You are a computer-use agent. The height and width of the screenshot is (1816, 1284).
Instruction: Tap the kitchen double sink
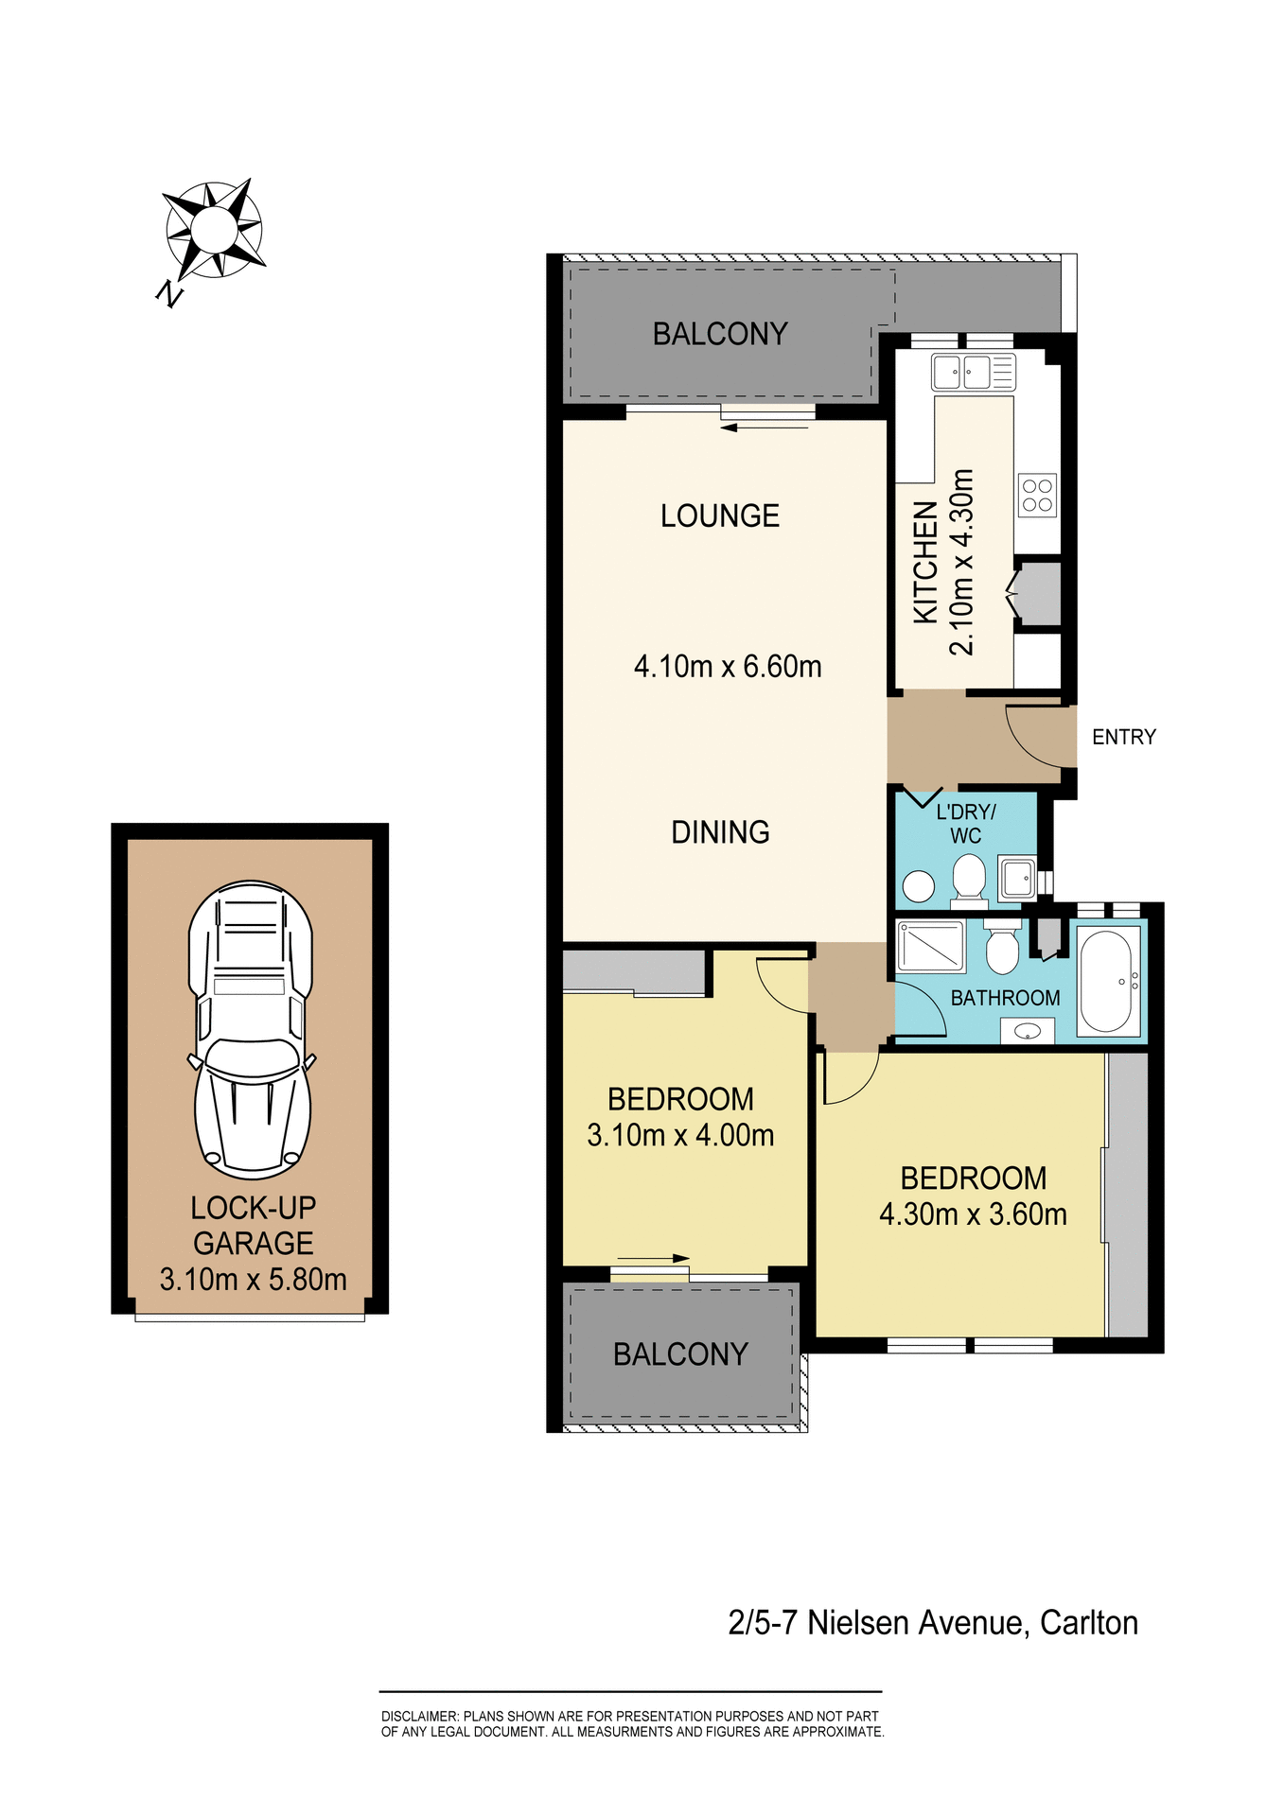pyautogui.click(x=973, y=372)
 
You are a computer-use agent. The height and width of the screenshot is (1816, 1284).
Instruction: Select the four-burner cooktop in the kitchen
pyautogui.click(x=1037, y=495)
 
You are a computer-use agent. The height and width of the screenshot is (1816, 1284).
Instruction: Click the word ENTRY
pyautogui.click(x=1123, y=737)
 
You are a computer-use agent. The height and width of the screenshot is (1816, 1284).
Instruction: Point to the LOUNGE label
pyautogui.click(x=720, y=515)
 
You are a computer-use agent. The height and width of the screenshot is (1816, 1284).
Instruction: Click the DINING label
pyautogui.click(x=720, y=832)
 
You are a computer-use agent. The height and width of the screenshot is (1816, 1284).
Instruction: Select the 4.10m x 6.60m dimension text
pyautogui.click(x=728, y=666)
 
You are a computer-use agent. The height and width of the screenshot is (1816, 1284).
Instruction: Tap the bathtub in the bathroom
pyautogui.click(x=1107, y=982)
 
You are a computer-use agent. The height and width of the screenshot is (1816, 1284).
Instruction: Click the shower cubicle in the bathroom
pyautogui.click(x=930, y=946)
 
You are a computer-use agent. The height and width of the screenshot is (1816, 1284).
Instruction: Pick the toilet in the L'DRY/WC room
pyautogui.click(x=969, y=877)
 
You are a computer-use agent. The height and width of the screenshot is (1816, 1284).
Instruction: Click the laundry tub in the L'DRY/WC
pyautogui.click(x=1017, y=878)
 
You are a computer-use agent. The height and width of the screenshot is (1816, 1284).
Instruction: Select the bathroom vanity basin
pyautogui.click(x=1028, y=1031)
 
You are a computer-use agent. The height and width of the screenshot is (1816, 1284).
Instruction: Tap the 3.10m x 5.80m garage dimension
pyautogui.click(x=253, y=1280)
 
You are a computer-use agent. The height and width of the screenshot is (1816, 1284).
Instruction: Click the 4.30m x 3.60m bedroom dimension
pyautogui.click(x=973, y=1214)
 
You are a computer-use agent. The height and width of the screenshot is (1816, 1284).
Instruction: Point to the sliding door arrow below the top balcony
pyautogui.click(x=765, y=428)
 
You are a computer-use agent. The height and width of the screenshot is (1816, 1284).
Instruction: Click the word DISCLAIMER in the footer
pyautogui.click(x=419, y=1716)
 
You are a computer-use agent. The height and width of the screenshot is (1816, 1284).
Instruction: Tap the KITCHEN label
pyautogui.click(x=925, y=562)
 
